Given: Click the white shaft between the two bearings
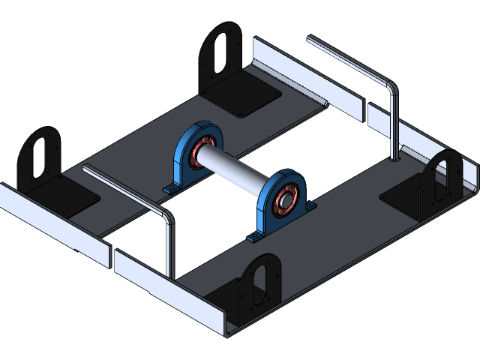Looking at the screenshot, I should [x=236, y=171].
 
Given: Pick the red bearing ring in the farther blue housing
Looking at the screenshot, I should [x=199, y=151].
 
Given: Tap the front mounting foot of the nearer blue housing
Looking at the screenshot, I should [x=254, y=238].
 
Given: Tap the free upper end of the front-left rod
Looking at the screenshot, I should [x=85, y=169].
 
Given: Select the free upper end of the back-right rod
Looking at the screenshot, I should [x=310, y=39].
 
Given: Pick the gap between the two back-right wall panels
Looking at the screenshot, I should [x=365, y=112].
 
